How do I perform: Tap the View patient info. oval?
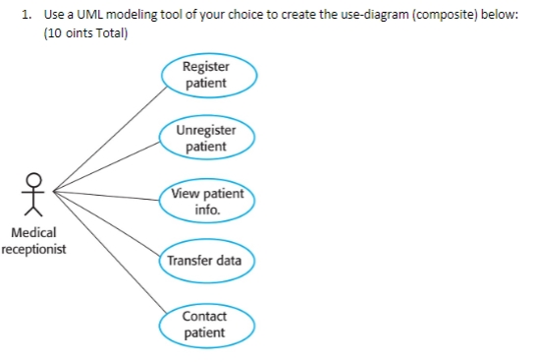pos(207,201)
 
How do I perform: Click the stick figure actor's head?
pos(34,179)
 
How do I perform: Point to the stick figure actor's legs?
pos(34,209)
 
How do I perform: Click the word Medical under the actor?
pos(33,232)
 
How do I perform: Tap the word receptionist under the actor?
pos(33,249)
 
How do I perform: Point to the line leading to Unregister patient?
pos(108,163)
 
